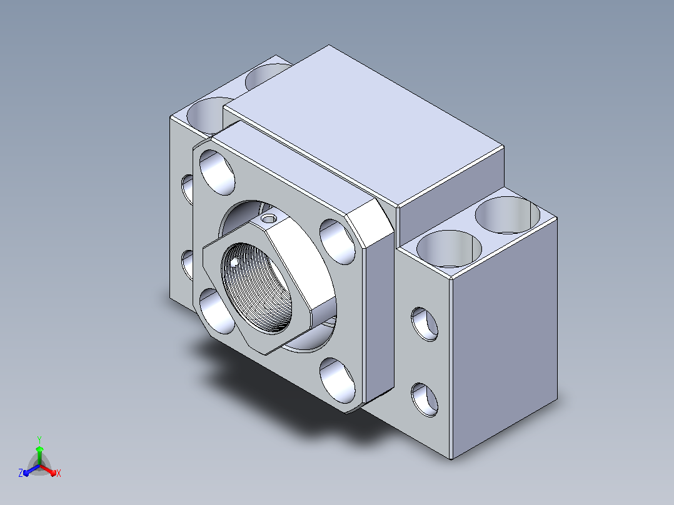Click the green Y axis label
39,439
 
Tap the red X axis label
59,473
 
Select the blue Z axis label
21,472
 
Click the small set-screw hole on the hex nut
269,219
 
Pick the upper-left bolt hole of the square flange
218,172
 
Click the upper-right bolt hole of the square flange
338,241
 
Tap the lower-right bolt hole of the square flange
338,381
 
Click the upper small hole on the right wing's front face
425,324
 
